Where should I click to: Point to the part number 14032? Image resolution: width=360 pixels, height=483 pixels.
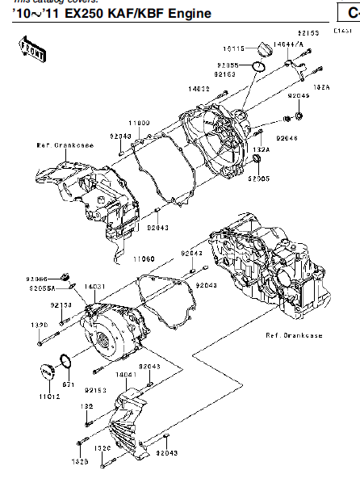click(x=199, y=88)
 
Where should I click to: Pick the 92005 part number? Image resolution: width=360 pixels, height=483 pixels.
click(x=259, y=177)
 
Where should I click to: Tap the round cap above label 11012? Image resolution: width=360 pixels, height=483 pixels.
click(x=47, y=372)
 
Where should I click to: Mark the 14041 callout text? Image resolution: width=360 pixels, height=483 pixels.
click(x=126, y=375)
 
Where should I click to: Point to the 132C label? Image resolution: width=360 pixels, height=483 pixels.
click(x=102, y=447)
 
